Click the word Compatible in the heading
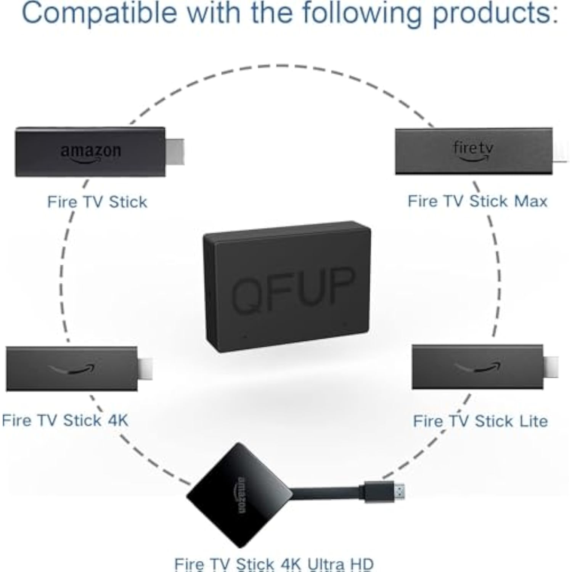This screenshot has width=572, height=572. click(x=100, y=13)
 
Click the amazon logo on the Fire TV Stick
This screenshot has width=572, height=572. click(x=91, y=153)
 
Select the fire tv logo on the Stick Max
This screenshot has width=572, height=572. click(x=473, y=151)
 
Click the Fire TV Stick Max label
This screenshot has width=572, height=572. click(x=477, y=201)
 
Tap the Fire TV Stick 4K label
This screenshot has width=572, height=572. click(x=65, y=421)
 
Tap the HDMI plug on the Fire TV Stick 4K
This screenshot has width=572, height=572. click(x=145, y=369)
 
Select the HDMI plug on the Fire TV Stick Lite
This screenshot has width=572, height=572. click(x=551, y=367)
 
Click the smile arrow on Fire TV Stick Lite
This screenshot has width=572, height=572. click(x=478, y=367)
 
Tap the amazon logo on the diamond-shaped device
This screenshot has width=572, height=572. click(x=242, y=495)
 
